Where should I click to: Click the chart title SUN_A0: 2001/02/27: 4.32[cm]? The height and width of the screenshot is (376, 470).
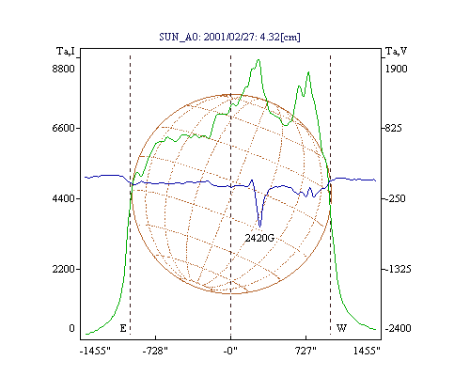coord(229,37)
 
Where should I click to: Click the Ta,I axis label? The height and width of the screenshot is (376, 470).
coord(66,51)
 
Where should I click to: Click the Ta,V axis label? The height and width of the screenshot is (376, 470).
coord(397,51)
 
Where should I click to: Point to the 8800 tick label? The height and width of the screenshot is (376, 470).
coord(64,69)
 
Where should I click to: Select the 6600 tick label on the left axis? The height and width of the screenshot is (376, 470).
coord(64,128)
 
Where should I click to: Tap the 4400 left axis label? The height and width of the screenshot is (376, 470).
coord(64,198)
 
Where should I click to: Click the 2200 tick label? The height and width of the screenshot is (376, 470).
coord(64,269)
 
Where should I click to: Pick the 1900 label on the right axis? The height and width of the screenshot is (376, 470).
coord(397,69)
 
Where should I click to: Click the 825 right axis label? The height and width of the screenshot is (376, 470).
coord(393,128)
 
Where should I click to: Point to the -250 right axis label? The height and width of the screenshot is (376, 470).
coord(395,198)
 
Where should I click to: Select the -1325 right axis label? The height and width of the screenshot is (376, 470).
coord(398,269)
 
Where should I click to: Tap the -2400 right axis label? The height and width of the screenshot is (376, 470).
coord(398,328)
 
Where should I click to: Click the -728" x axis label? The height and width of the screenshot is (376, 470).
coord(155,351)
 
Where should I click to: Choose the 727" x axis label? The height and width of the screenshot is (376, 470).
coord(305,351)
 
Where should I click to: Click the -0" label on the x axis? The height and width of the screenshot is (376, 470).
coord(230,351)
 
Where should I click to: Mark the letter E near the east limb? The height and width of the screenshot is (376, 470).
coord(123,328)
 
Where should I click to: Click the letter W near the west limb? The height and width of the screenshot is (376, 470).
coord(341,328)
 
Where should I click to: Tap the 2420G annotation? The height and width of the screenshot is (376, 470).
coord(259,238)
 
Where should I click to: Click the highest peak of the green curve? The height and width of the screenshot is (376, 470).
coord(258,59)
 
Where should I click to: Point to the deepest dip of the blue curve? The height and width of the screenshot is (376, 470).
coord(259,227)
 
